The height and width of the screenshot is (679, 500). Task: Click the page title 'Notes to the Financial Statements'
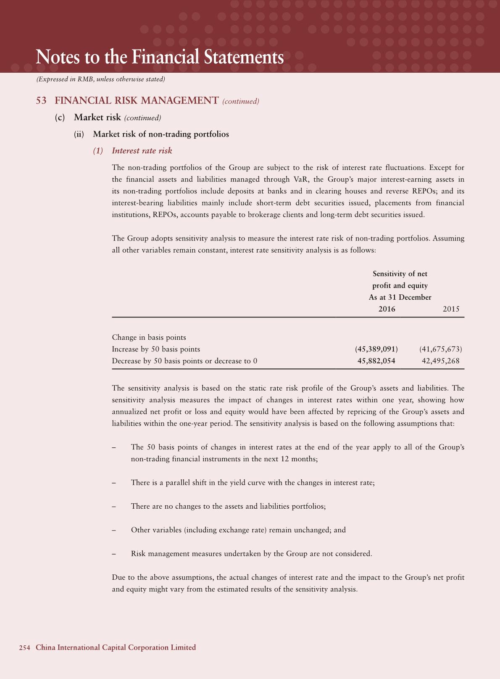tap(160, 57)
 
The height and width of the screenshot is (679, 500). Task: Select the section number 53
tap(41, 100)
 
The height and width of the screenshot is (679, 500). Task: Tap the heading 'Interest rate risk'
tap(142, 151)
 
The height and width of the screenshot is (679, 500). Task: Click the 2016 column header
tap(387, 309)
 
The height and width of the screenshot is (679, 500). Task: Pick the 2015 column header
tap(451, 309)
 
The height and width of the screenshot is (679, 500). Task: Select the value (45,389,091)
tap(376, 349)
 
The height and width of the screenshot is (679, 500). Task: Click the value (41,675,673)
tap(441, 349)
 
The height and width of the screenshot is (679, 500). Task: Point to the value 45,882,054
tap(376, 361)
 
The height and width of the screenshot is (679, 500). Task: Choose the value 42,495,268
tap(440, 361)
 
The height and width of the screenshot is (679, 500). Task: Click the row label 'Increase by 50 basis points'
tap(156, 349)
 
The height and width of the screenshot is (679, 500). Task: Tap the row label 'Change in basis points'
tap(149, 337)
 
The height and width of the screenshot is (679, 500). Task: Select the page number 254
tap(24, 647)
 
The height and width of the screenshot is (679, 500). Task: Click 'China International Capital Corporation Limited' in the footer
tap(116, 647)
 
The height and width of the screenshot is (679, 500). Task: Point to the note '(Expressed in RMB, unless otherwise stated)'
tap(100, 79)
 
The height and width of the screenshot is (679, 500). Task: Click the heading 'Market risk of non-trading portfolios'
tap(161, 134)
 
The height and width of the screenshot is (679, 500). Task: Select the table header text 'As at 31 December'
tap(400, 297)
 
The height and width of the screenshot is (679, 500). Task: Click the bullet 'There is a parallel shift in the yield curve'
tap(253, 483)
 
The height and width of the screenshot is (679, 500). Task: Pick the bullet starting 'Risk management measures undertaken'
tap(251, 554)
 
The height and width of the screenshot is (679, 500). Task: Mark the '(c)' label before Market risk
tap(60, 117)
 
